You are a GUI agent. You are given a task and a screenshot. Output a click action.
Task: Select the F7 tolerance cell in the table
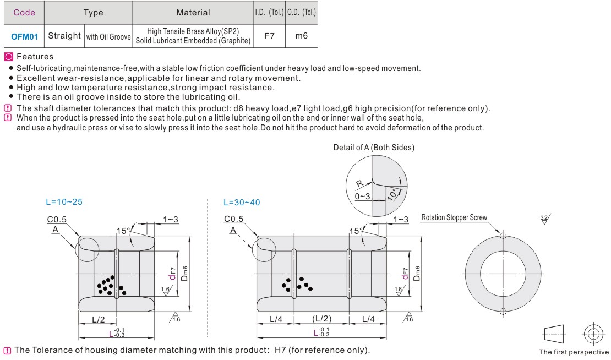pos(269,36)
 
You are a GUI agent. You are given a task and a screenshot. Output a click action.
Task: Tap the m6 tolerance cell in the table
pos(301,36)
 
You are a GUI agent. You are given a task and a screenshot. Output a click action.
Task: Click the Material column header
pos(193,12)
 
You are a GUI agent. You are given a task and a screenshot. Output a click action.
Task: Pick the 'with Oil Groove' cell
pos(108,37)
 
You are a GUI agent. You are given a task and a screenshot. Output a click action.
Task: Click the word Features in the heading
pos(35,57)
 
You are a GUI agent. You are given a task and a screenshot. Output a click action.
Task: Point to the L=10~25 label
pos(64,202)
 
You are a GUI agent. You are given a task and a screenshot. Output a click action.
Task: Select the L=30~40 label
pos(242,202)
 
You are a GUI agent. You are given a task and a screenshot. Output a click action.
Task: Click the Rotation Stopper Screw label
pos(454,217)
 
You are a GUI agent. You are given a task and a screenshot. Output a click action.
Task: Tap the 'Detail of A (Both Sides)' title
pos(374,147)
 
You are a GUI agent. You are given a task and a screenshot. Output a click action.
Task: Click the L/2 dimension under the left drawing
pos(99,319)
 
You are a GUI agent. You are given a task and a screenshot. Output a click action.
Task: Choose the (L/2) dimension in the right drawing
pos(321,319)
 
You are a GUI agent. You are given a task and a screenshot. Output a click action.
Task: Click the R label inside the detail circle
pos(359,184)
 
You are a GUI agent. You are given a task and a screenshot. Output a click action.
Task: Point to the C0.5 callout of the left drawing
pos(57,219)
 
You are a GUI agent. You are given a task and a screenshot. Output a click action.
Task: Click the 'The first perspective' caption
pos(574,352)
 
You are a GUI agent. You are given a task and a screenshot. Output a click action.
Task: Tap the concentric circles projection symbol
pos(592,334)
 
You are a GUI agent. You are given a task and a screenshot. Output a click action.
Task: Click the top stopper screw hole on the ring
pos(503,236)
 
